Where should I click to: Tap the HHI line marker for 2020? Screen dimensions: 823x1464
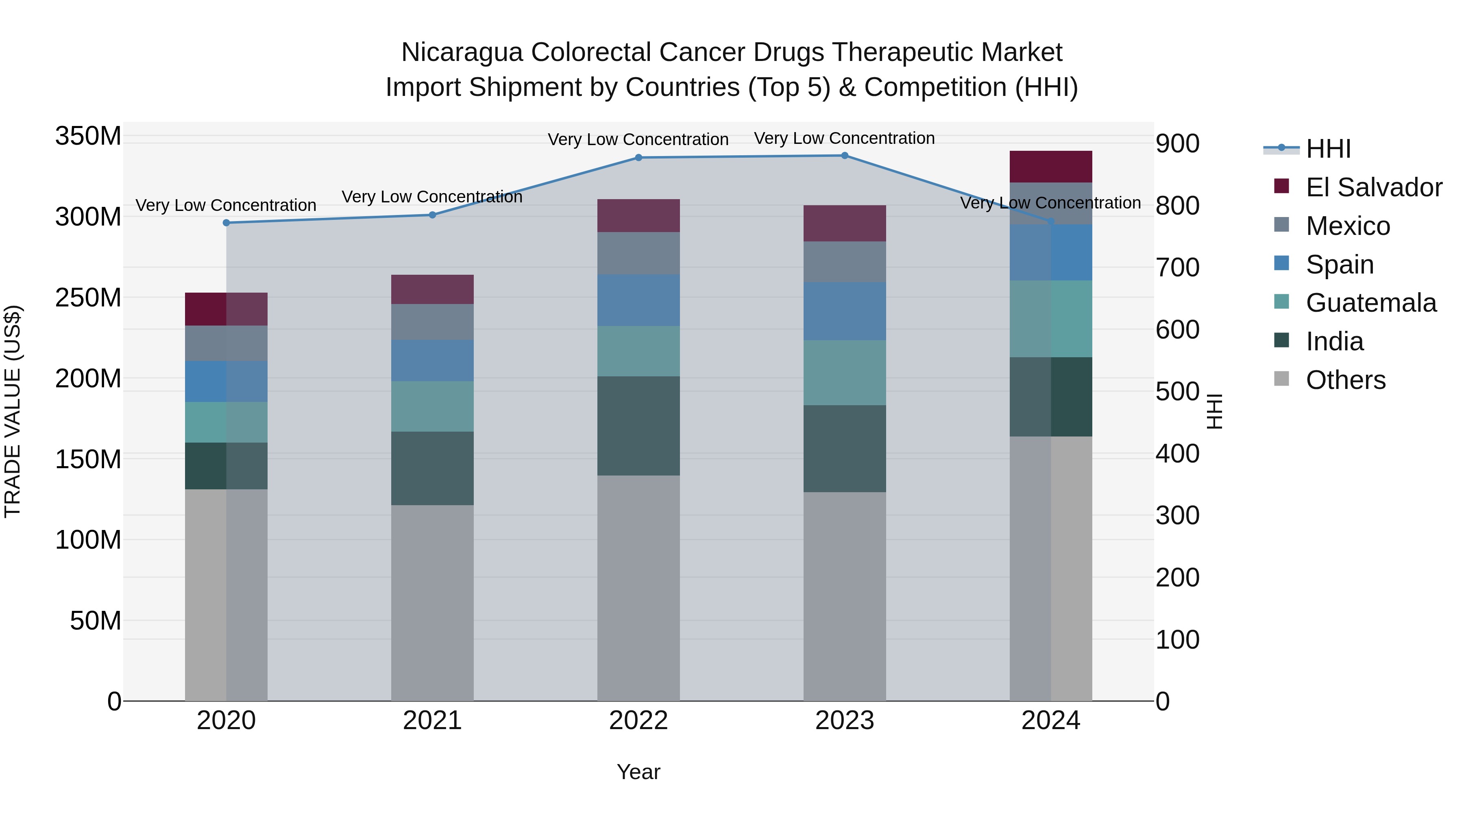point(226,223)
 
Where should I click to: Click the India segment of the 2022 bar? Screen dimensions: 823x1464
point(638,426)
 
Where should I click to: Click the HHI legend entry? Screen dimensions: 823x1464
point(1328,149)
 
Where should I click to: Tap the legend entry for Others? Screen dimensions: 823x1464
point(1345,380)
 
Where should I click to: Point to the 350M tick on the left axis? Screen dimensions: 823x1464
point(88,136)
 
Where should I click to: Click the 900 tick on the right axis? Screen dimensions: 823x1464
point(1178,144)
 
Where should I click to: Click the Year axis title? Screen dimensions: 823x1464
point(638,772)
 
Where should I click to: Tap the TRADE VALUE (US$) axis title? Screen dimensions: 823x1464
point(13,411)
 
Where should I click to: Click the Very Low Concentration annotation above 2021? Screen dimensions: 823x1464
point(432,197)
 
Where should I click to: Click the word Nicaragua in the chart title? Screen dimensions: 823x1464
point(462,52)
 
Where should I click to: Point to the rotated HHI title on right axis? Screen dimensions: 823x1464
point(1214,411)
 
